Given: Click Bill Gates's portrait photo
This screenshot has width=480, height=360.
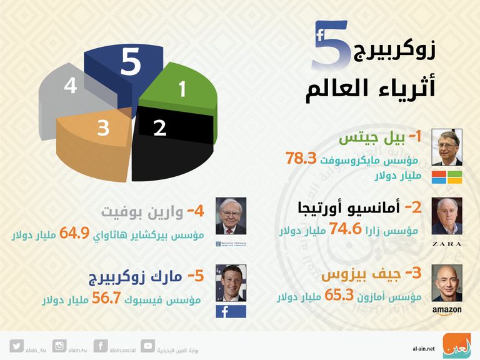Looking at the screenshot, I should point(446,147).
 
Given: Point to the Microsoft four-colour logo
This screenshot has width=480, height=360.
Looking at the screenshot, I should point(446,177).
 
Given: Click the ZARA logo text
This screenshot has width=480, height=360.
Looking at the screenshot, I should point(446,244).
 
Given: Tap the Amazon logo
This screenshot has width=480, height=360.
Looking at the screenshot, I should point(446,310).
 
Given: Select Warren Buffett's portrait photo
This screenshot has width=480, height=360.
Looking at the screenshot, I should point(231,216).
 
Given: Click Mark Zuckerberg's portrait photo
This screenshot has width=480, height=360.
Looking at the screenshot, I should point(231,282).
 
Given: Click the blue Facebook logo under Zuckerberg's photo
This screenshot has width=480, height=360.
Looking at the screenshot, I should point(231,311).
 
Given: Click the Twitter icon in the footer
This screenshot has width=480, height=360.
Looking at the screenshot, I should point(17,345).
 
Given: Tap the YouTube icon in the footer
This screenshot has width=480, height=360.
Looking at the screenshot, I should point(148,345).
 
